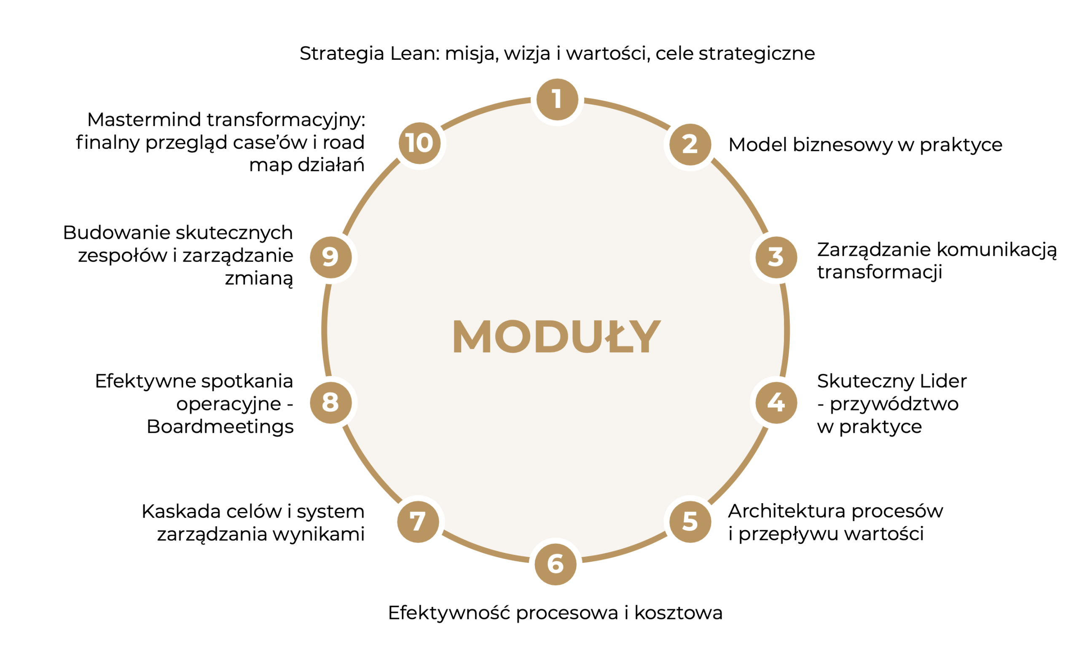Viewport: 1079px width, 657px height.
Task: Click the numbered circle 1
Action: click(x=557, y=99)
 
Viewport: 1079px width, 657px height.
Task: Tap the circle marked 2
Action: click(x=690, y=145)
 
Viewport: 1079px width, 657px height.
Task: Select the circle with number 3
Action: click(x=776, y=257)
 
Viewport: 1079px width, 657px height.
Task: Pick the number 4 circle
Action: click(x=776, y=403)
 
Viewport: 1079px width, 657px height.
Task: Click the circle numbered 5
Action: click(x=690, y=522)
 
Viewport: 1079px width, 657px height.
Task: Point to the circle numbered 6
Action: click(x=556, y=564)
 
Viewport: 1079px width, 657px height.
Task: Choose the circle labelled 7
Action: click(x=418, y=522)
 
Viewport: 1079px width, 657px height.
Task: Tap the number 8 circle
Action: click(x=330, y=403)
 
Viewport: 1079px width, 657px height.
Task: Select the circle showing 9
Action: click(x=330, y=257)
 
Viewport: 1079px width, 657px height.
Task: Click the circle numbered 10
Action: click(x=419, y=143)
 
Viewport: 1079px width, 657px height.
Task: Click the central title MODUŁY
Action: click(x=557, y=336)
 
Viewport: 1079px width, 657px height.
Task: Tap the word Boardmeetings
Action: click(x=220, y=427)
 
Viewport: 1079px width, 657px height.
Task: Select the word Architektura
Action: click(x=787, y=511)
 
